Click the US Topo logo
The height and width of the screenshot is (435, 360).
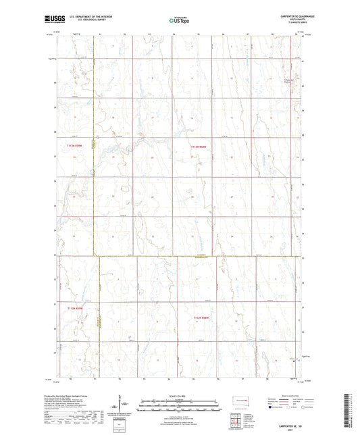click(179, 21)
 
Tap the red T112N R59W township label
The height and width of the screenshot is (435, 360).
click(76, 307)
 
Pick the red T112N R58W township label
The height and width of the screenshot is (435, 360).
click(203, 316)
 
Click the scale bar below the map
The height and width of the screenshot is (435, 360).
click(180, 407)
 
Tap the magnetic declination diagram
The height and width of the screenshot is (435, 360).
click(126, 407)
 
